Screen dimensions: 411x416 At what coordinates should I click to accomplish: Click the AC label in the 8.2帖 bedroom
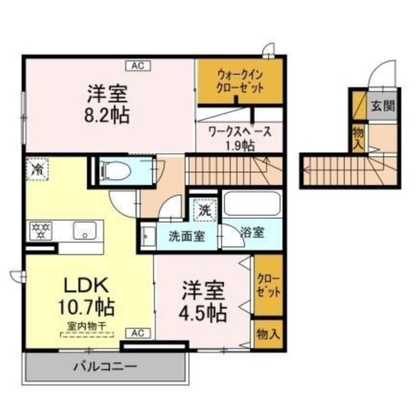pyautogui.click(x=138, y=64)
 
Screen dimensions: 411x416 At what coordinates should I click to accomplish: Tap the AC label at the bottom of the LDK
pyautogui.click(x=138, y=333)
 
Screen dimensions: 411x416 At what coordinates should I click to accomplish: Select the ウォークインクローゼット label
pyautogui.click(x=240, y=81)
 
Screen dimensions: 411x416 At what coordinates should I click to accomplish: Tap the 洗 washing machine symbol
pyautogui.click(x=205, y=211)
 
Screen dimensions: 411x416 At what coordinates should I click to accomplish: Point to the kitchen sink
pyautogui.click(x=84, y=230)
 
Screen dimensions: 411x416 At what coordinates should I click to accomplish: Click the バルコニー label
pyautogui.click(x=105, y=367)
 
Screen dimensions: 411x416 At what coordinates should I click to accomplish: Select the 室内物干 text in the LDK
pyautogui.click(x=86, y=326)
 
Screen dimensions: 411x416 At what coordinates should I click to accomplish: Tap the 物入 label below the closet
pyautogui.click(x=268, y=335)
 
